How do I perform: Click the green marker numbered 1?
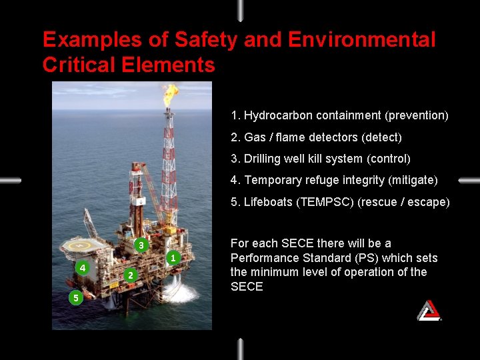(x=173, y=257)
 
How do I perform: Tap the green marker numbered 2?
(x=131, y=275)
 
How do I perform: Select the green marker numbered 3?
(x=141, y=245)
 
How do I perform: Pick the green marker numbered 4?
(x=81, y=268)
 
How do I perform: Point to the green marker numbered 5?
(x=75, y=298)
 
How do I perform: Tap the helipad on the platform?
(x=83, y=247)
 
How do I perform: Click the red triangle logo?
(x=429, y=310)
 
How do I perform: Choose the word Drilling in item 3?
(x=263, y=159)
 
